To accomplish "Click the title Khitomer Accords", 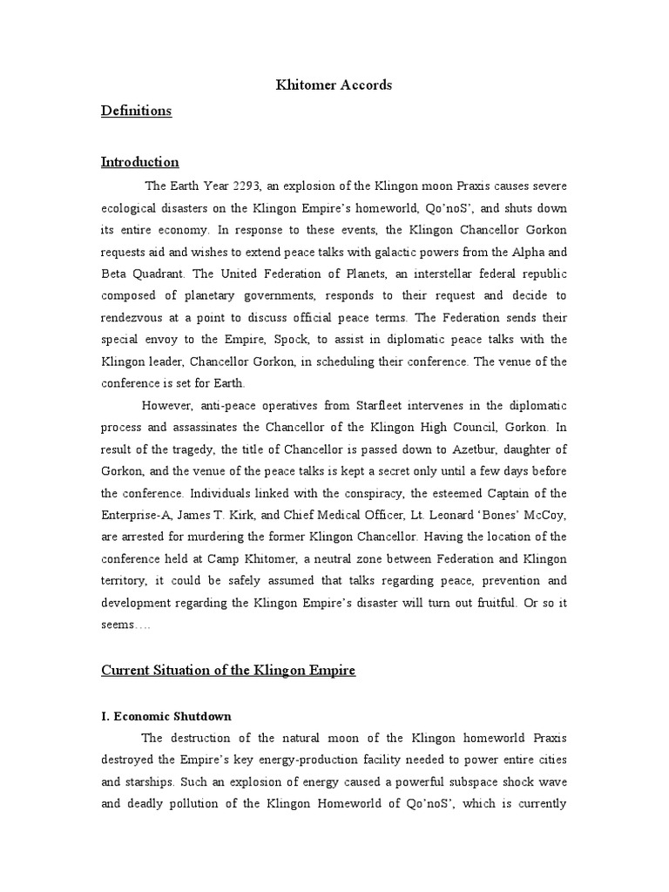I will [334, 84].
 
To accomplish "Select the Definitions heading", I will [136, 111].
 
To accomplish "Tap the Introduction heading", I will [140, 161].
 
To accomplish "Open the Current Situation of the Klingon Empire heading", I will [229, 670].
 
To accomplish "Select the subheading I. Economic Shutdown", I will [166, 716].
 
